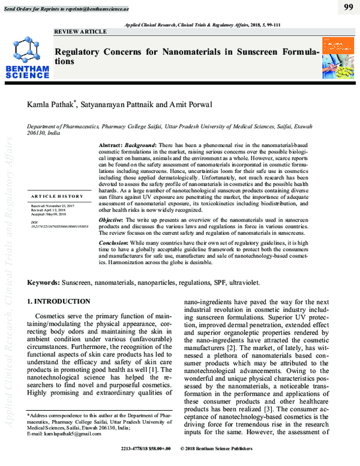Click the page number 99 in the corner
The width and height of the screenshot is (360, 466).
tap(347, 7)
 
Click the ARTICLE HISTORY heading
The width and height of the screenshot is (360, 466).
tap(57, 196)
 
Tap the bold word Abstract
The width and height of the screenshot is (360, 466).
tap(110, 146)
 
